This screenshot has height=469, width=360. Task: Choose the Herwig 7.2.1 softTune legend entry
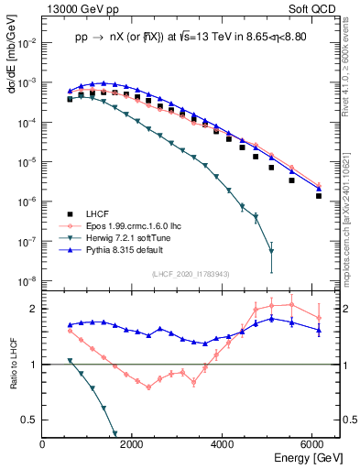point(128,237)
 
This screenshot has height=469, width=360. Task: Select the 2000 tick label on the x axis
point(133,444)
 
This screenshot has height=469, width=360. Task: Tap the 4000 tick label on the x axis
point(223,444)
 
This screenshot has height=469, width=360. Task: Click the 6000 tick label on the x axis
point(312,444)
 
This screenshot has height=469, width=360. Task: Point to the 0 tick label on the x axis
point(43,444)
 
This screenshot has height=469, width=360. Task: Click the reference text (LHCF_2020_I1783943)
point(190,274)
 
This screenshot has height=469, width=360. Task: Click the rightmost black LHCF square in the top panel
point(318,195)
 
